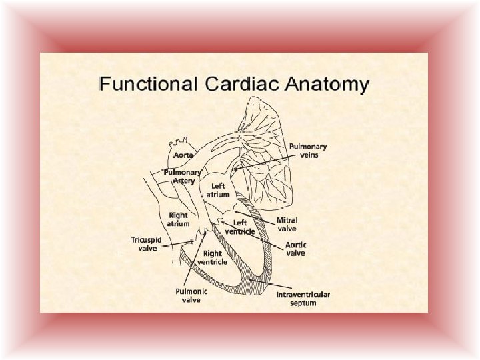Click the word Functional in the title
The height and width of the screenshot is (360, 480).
(x=147, y=85)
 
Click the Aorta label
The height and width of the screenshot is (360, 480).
(x=183, y=155)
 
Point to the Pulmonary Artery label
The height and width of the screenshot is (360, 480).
(x=183, y=176)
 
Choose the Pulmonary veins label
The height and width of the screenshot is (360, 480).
(x=308, y=151)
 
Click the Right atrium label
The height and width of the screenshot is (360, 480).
(x=178, y=219)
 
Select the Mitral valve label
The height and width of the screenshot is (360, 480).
(x=287, y=223)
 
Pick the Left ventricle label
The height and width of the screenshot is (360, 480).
(x=240, y=227)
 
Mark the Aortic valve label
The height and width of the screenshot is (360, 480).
(x=296, y=249)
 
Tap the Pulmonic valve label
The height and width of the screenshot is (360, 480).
(x=191, y=295)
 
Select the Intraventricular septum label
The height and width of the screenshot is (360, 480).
(x=303, y=299)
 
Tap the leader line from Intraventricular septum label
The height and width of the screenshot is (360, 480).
(x=267, y=283)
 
